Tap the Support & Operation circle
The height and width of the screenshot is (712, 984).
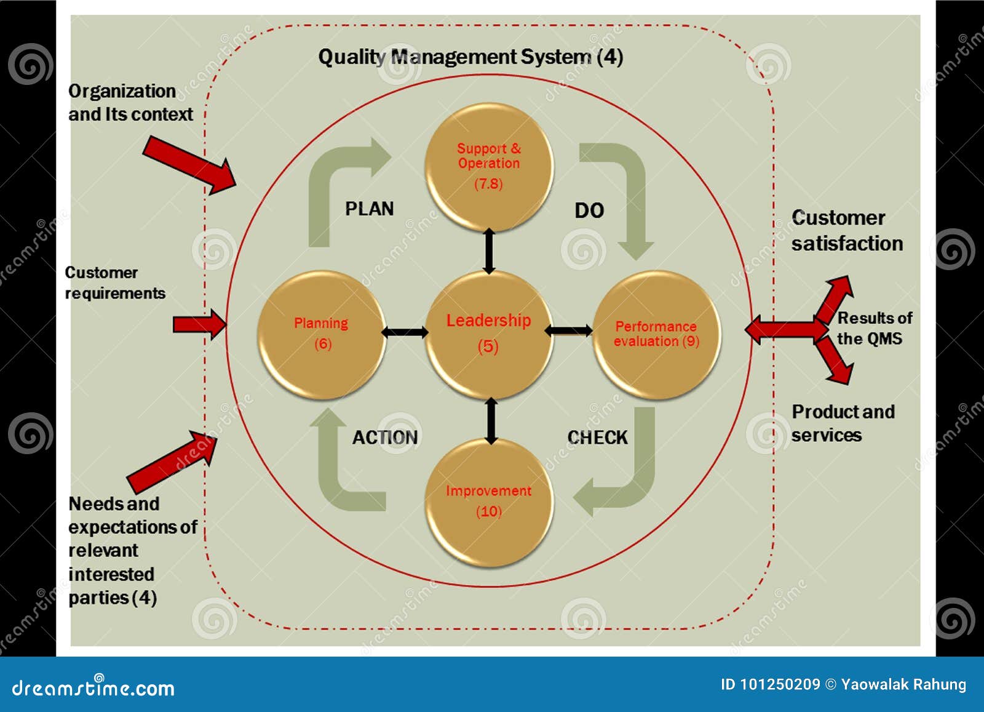[x=489, y=166]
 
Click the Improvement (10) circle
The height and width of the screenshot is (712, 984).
[x=489, y=502]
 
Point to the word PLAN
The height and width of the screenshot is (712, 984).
[x=369, y=209]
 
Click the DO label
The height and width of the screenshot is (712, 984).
[x=589, y=210]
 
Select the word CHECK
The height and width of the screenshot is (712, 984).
[x=597, y=438]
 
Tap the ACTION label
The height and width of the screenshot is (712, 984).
[x=385, y=438]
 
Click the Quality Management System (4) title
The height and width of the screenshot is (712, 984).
[x=470, y=57]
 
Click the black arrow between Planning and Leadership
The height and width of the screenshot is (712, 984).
[x=405, y=332]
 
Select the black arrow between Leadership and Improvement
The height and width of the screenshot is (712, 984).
[x=491, y=420]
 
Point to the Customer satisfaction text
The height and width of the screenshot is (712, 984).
[x=846, y=231]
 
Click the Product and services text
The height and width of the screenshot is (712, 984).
[x=843, y=423]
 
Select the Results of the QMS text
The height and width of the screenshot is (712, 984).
[x=873, y=328]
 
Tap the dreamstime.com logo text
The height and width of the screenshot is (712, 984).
[x=93, y=688]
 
